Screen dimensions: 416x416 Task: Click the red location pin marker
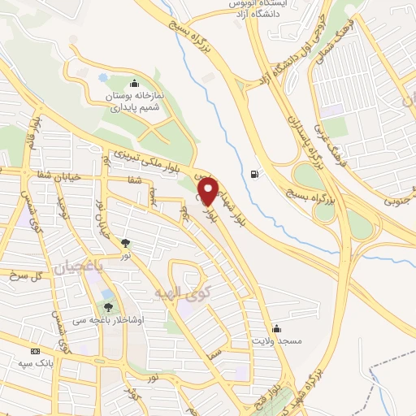click(208, 190)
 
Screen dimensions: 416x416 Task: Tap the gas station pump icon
click(256, 173)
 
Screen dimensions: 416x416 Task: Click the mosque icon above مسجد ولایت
click(277, 327)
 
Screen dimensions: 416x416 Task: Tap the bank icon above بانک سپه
click(34, 350)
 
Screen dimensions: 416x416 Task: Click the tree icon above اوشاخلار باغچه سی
click(108, 307)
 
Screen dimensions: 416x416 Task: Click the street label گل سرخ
click(24, 276)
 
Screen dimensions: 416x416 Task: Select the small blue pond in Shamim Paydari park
click(103, 79)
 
